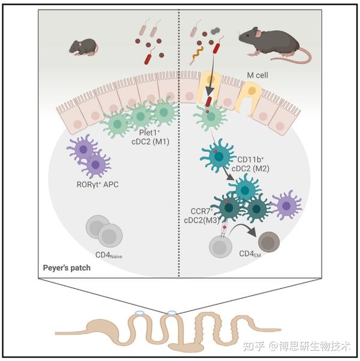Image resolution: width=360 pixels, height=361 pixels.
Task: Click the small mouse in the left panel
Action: click(x=83, y=46)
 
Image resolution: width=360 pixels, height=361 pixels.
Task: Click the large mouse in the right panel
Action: click(x=264, y=43)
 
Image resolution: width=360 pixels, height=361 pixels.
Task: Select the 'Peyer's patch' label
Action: click(x=67, y=267)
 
